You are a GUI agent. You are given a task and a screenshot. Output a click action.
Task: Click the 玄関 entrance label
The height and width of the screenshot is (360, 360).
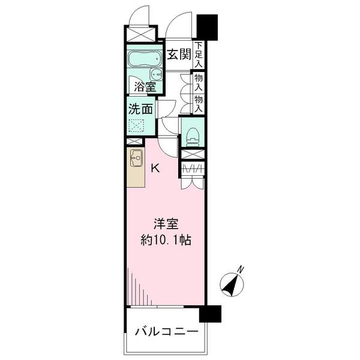coord(178,55)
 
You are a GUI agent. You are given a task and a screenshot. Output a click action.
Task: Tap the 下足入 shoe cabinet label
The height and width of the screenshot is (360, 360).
coord(199,54)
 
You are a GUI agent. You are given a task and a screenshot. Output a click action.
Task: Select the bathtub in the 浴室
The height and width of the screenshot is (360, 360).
coord(144,60)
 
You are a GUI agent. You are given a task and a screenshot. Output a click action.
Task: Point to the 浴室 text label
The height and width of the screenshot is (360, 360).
coord(145,86)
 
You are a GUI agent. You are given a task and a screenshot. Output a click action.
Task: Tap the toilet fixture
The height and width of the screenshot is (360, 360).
coord(193,135)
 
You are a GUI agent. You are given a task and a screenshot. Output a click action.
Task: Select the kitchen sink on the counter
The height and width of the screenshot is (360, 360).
coord(136,159)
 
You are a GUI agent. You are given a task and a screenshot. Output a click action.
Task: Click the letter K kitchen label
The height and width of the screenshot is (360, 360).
coord(155,168)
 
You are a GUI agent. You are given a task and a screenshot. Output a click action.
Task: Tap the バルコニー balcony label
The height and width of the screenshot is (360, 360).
coord(166,331)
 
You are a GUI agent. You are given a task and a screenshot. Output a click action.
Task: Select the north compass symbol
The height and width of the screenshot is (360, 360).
coord(229,284)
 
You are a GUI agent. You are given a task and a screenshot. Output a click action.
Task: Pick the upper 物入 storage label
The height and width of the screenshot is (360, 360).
coord(199,82)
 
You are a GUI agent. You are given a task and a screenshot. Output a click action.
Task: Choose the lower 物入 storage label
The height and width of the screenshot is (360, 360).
coord(199,103)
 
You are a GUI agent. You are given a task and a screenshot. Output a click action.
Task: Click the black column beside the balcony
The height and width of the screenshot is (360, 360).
coord(210,314)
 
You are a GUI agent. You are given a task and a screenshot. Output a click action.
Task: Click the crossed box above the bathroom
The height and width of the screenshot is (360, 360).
coord(140,34)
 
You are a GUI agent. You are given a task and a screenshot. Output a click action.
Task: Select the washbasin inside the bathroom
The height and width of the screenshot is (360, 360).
coord(156,74)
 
